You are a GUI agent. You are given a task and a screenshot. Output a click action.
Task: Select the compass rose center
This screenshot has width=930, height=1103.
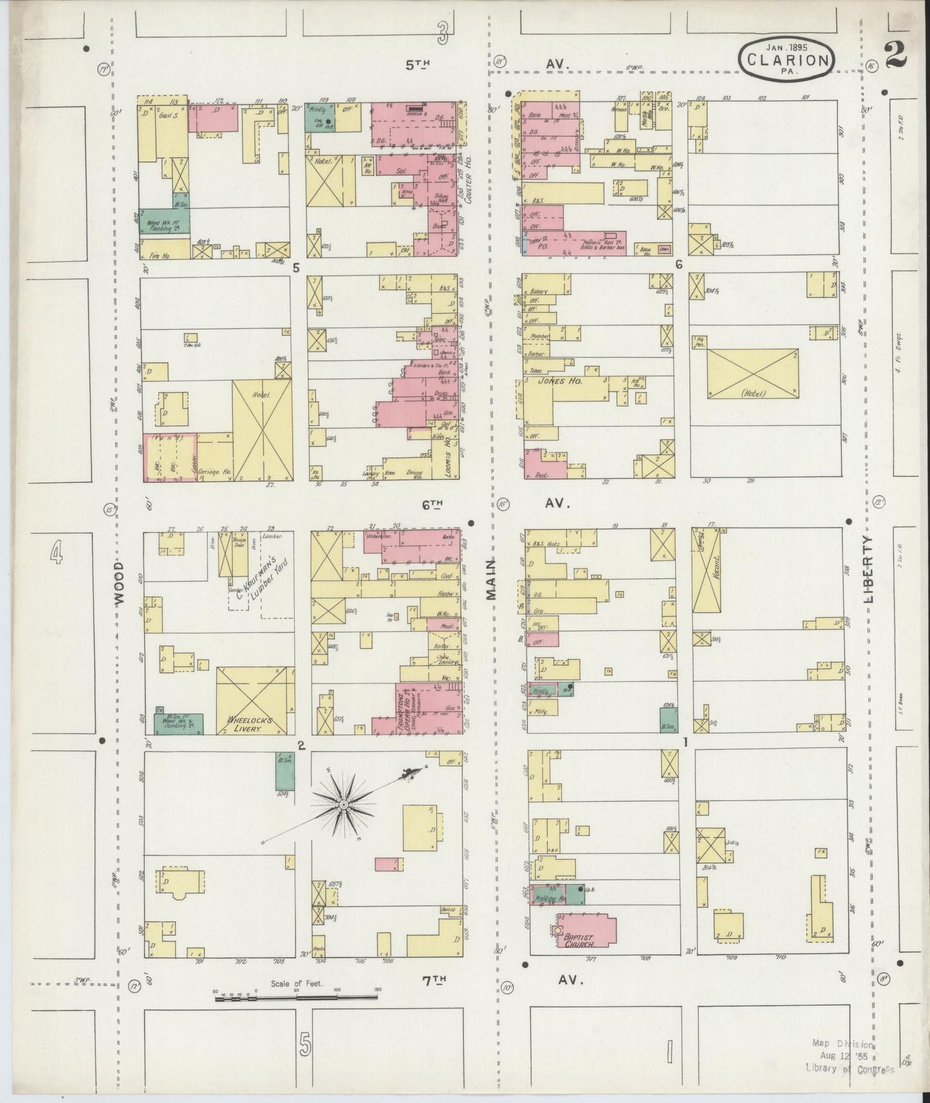[x=344, y=804]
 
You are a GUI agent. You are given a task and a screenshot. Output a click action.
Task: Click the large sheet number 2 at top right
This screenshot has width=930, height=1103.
[x=895, y=54]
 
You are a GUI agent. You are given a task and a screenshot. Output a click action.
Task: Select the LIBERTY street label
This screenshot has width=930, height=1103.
[x=870, y=569]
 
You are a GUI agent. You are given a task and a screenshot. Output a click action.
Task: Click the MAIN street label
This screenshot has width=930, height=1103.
[x=491, y=579]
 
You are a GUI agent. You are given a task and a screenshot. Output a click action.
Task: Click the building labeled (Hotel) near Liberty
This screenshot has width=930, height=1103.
[x=753, y=374]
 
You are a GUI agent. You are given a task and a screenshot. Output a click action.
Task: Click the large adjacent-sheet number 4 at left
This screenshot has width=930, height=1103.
[x=57, y=552]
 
